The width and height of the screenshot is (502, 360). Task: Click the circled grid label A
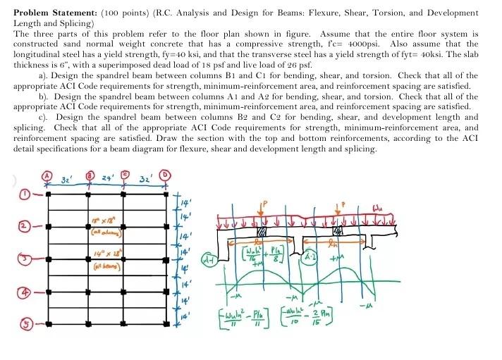click(x=49, y=175)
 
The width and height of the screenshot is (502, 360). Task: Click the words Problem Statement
click(x=47, y=13)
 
